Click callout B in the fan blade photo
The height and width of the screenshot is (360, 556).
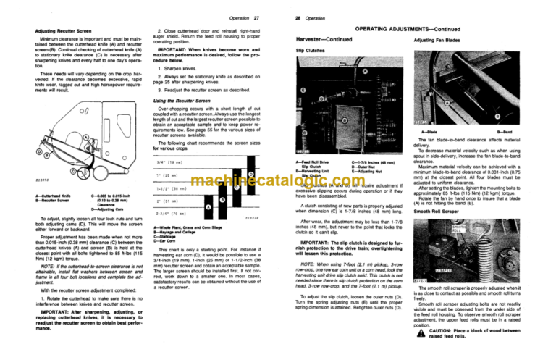(495, 114)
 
